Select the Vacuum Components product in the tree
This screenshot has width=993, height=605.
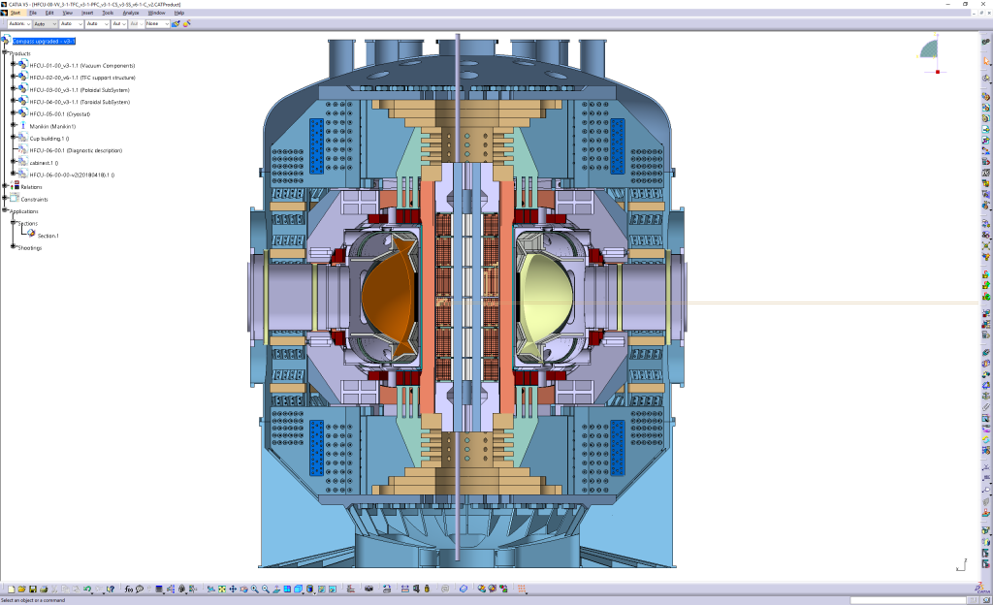(x=81, y=65)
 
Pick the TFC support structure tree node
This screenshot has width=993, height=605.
(x=81, y=77)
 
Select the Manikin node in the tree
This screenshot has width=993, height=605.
(x=52, y=126)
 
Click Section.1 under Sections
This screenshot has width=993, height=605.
(x=48, y=236)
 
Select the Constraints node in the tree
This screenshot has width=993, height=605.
(x=34, y=199)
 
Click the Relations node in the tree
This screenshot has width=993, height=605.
(x=32, y=187)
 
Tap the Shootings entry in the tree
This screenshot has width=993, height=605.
(x=30, y=247)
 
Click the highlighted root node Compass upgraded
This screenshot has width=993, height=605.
(x=44, y=41)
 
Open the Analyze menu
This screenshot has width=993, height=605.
(x=131, y=13)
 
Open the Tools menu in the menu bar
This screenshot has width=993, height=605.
(x=108, y=13)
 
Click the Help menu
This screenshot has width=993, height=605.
(x=178, y=13)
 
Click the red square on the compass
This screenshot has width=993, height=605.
(x=938, y=71)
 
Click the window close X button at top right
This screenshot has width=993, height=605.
(x=981, y=4)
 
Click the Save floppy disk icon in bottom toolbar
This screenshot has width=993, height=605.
(x=32, y=589)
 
